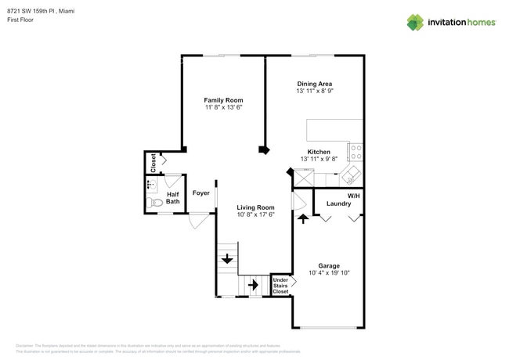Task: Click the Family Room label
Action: tap(223, 100)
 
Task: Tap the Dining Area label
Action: tap(314, 84)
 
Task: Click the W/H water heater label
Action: tap(353, 195)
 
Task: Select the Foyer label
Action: tap(201, 192)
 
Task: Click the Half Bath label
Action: tap(172, 198)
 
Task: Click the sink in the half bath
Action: tap(150, 185)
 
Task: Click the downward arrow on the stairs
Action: tap(226, 259)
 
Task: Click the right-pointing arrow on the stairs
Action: tap(253, 285)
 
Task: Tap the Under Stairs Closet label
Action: tap(280, 286)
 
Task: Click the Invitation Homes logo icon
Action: tap(415, 22)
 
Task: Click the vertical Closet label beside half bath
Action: tap(153, 162)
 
